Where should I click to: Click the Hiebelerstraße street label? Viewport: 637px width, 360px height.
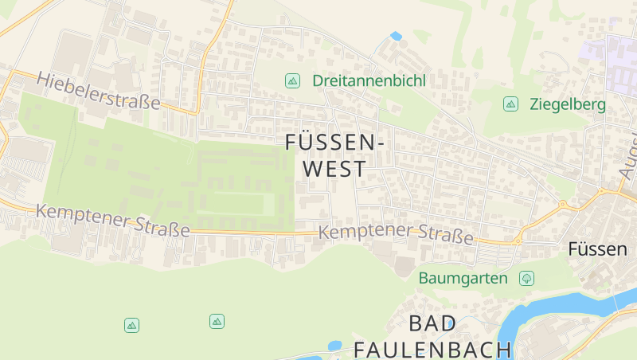(x=98, y=92)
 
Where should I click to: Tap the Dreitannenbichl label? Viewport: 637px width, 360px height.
(x=369, y=80)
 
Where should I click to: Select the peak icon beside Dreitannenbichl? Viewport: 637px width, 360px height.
(x=292, y=80)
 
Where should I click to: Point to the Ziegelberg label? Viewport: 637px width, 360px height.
(x=567, y=104)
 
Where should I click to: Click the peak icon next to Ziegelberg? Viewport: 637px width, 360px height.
(x=510, y=104)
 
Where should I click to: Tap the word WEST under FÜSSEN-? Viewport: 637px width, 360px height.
(x=334, y=169)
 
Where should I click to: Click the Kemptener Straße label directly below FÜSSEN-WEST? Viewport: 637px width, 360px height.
(x=396, y=233)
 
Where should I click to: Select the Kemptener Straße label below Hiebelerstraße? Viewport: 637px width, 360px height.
(x=113, y=221)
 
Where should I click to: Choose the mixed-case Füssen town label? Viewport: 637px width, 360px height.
(x=597, y=248)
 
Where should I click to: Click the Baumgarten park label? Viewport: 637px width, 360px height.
(x=463, y=278)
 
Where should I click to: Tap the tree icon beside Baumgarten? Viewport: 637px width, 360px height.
(x=526, y=278)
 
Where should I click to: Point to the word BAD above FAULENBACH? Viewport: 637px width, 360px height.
(x=433, y=323)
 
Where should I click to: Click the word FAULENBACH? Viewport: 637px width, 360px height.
(x=432, y=349)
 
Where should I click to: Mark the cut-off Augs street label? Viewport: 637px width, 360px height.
(x=627, y=155)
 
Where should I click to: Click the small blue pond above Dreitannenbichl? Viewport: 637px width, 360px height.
(x=396, y=36)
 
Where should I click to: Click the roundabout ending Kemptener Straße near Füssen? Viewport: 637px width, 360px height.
(x=517, y=240)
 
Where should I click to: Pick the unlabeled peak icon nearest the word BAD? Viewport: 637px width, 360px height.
(x=217, y=321)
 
